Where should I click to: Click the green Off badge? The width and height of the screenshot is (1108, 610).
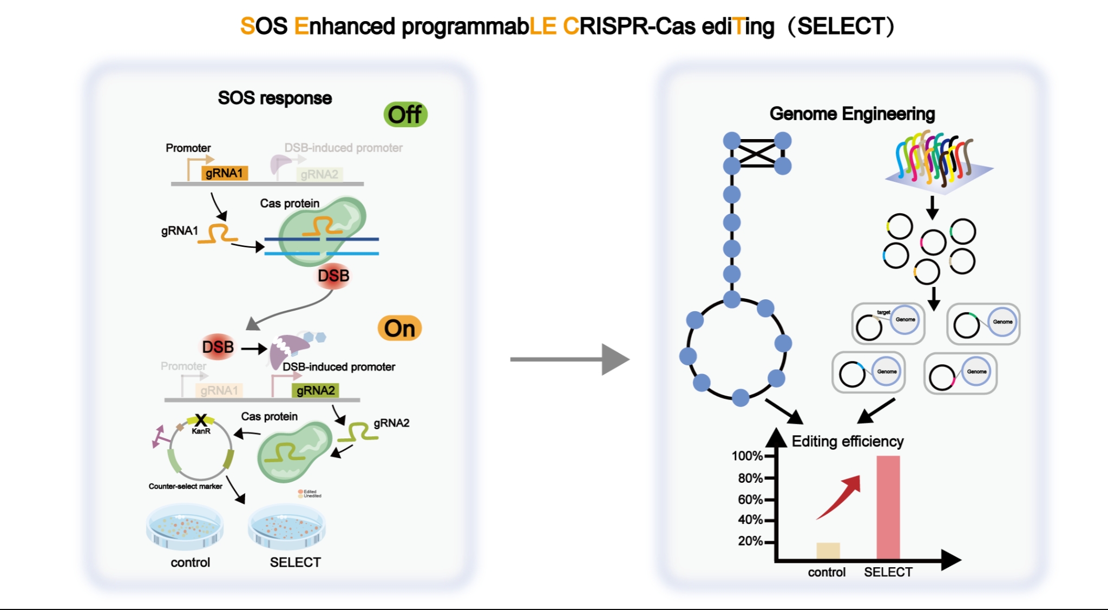tap(405, 115)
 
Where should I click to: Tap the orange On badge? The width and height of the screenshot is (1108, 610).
tap(399, 329)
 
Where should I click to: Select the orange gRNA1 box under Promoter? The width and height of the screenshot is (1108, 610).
tap(224, 173)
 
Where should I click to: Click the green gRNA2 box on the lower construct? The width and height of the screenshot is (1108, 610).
tap(316, 390)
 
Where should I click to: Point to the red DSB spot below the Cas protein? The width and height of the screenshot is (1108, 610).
tap(333, 276)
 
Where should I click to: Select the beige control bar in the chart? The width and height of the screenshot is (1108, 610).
tap(828, 550)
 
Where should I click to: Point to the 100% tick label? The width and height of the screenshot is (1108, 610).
tap(747, 456)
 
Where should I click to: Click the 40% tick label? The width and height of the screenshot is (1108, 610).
tap(750, 520)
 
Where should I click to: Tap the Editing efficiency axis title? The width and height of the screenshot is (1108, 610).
tap(848, 442)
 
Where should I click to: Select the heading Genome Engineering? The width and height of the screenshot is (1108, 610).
tap(852, 114)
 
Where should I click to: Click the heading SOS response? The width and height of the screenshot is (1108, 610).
tap(275, 98)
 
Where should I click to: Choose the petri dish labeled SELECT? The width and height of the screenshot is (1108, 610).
tap(287, 528)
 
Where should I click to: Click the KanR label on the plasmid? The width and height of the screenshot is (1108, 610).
tap(201, 431)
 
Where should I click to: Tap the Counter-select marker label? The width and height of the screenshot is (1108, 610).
tap(186, 486)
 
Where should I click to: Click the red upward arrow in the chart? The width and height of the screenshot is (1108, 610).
tap(839, 497)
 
